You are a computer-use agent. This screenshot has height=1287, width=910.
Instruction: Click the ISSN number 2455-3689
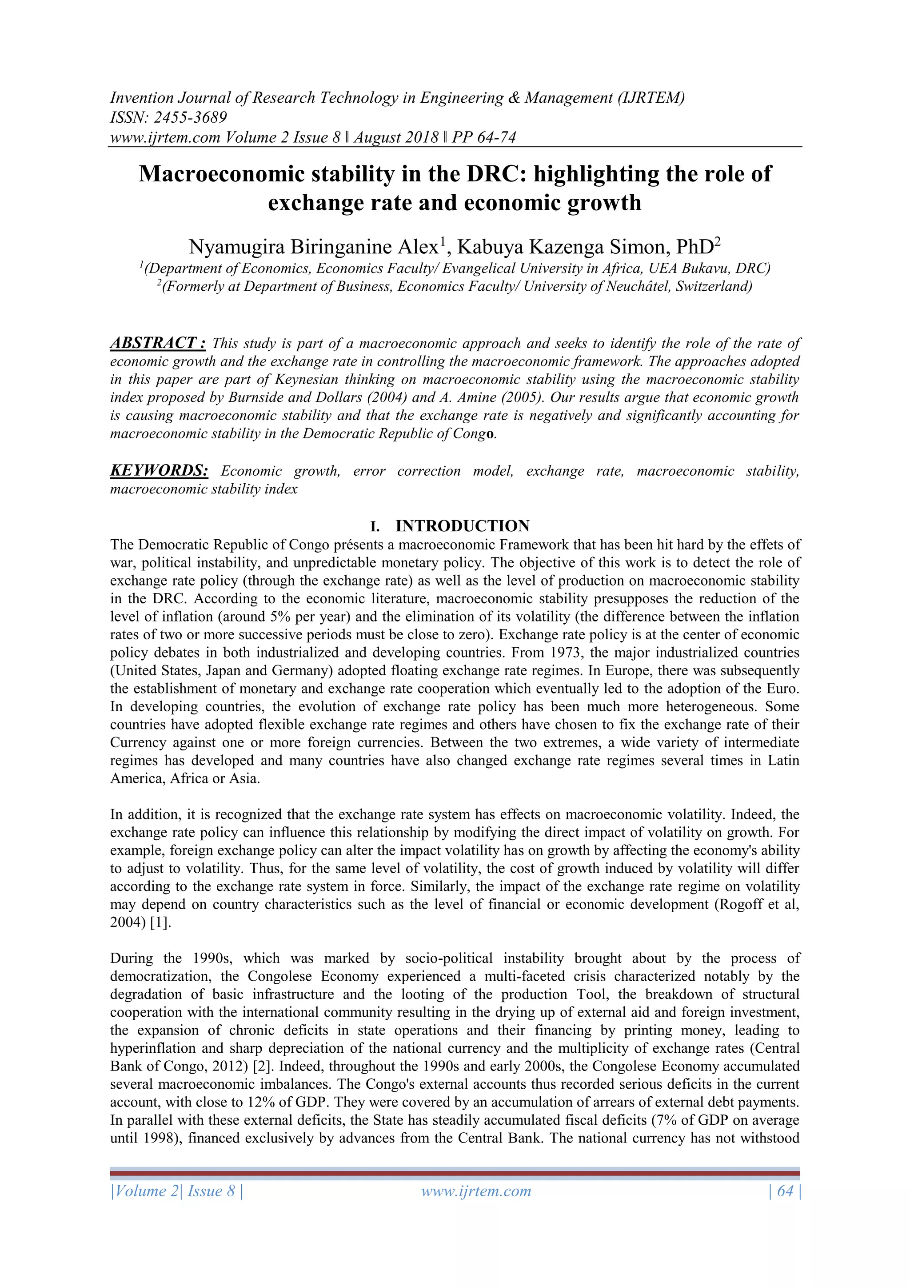(x=190, y=118)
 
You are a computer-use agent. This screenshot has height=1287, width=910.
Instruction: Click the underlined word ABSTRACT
(x=152, y=343)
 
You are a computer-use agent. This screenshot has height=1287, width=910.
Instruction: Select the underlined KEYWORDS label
(x=159, y=471)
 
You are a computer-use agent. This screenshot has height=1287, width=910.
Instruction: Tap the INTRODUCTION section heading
(x=462, y=526)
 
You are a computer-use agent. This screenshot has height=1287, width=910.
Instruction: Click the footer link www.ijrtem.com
(x=476, y=1191)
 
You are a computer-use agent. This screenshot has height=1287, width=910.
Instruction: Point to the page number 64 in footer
(x=785, y=1191)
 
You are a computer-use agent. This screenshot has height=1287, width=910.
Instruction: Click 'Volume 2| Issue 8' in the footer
(x=176, y=1191)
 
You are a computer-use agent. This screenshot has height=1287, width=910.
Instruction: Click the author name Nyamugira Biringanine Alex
(x=313, y=247)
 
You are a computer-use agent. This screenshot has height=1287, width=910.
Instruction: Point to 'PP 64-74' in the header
(x=483, y=137)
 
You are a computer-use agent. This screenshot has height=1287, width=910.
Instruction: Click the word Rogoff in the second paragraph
(x=738, y=905)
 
